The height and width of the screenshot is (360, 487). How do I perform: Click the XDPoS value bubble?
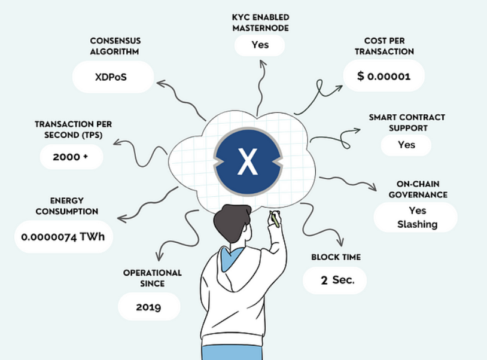(x=113, y=77)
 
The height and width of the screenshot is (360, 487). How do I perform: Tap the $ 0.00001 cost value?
(x=384, y=76)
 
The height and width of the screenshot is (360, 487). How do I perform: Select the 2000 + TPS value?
(x=71, y=157)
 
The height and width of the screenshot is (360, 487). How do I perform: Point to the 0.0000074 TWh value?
(x=63, y=237)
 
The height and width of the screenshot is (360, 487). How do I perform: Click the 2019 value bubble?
(x=149, y=307)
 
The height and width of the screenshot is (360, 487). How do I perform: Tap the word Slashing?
(x=418, y=224)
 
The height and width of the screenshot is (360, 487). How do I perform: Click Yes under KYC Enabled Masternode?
(x=260, y=45)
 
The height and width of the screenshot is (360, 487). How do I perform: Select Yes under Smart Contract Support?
(x=406, y=145)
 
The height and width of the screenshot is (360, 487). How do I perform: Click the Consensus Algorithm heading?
(x=115, y=46)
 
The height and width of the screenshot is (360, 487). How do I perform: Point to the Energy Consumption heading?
(x=67, y=206)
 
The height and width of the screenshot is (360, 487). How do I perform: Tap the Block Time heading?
(x=336, y=257)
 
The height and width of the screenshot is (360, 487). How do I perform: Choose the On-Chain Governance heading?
(x=418, y=190)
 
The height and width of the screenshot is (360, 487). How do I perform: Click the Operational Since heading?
(x=153, y=278)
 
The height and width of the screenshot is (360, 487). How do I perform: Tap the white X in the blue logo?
(x=248, y=161)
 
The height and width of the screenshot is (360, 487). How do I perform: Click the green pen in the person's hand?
(x=274, y=219)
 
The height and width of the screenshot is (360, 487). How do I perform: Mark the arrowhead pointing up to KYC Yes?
(x=263, y=63)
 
